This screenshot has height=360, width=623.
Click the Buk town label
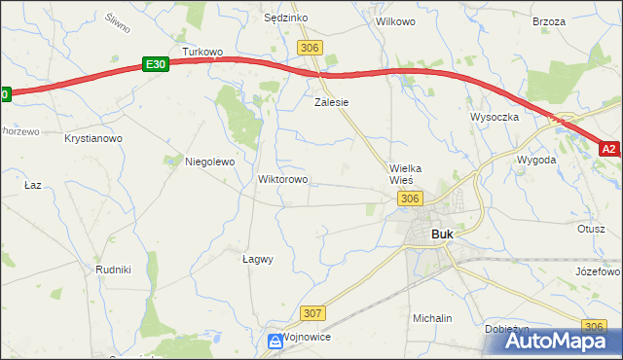click(441, 234)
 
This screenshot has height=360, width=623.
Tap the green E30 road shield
click(155, 64)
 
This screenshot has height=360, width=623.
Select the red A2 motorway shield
click(609, 149)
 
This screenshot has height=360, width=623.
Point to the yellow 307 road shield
click(312, 312)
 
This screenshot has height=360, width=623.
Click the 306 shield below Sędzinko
click(311, 48)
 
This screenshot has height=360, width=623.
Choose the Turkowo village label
click(203, 52)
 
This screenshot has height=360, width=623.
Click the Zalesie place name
click(331, 101)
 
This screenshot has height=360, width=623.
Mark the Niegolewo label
click(210, 162)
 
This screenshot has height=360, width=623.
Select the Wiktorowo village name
click(282, 180)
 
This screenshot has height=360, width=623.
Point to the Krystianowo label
click(93, 139)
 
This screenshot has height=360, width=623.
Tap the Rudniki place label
click(114, 269)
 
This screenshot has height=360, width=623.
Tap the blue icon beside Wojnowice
click(275, 340)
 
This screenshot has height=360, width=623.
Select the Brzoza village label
click(549, 20)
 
